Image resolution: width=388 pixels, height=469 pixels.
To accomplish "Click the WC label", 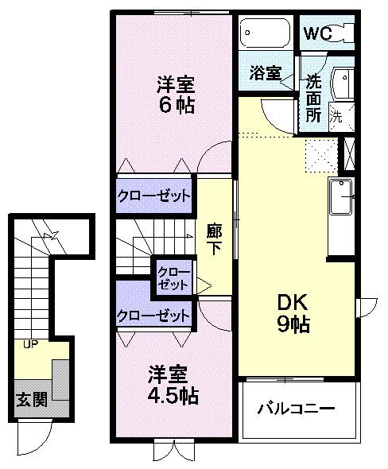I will point(316,35).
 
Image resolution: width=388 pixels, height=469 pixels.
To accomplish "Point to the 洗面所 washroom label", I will point(312,95).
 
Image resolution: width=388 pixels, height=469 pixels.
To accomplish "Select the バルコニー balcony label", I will point(296,409).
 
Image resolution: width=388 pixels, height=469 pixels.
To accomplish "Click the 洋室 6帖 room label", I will point(174,94).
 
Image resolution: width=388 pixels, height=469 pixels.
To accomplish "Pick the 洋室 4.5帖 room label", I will point(173,383).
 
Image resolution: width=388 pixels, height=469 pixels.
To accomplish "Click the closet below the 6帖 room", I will point(155,196).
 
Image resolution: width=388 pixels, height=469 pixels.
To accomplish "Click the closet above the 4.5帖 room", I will point(155,315).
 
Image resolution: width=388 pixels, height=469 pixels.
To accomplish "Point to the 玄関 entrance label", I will point(31,399).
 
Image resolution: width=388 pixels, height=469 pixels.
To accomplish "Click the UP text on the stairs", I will point(31,344).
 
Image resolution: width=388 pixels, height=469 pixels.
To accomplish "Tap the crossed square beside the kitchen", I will point(347,154).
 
